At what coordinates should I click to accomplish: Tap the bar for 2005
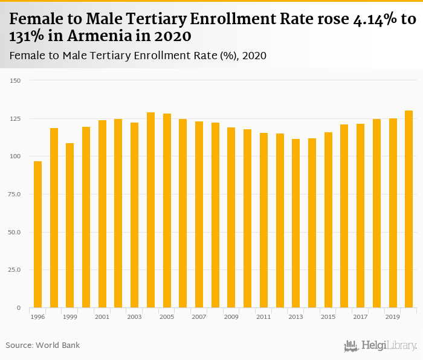[x=167, y=211]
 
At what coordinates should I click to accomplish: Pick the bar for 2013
[x=296, y=223]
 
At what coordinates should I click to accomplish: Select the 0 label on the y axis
[x=18, y=308]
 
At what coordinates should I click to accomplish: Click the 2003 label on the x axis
[x=134, y=317]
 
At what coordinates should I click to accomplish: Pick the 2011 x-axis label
[x=263, y=317]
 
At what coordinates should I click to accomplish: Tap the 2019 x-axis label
[x=393, y=317]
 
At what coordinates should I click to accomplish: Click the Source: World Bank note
[x=43, y=346]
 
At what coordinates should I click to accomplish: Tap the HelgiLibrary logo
[x=381, y=346]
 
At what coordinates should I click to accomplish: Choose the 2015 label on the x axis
[x=328, y=317]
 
